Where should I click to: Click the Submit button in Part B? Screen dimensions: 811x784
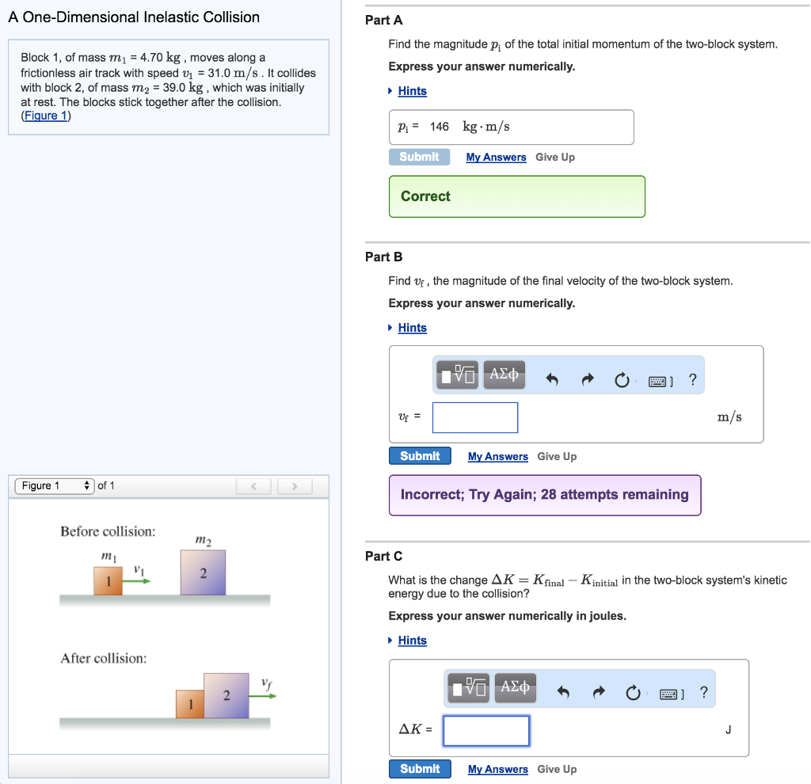tap(420, 455)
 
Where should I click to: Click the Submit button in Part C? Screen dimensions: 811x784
tap(420, 768)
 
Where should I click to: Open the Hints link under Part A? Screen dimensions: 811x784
tap(412, 91)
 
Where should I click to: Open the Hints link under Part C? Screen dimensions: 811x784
tap(412, 640)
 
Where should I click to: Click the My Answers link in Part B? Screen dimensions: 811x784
tap(497, 456)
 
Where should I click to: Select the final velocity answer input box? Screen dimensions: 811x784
tap(475, 417)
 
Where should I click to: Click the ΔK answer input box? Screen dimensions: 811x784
tap(486, 731)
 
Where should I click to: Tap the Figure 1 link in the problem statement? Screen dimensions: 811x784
tap(46, 116)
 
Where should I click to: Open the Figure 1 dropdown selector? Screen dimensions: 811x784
tap(55, 485)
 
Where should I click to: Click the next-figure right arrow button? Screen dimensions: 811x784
tap(295, 486)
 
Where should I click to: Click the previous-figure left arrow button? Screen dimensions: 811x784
tap(253, 486)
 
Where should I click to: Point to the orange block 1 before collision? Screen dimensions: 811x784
tap(108, 580)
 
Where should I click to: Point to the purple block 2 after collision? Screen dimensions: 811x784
tap(226, 695)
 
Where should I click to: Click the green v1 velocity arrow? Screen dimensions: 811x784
tap(136, 581)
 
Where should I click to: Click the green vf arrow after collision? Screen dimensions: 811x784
tap(263, 696)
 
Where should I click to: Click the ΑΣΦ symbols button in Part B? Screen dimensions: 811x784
tap(504, 375)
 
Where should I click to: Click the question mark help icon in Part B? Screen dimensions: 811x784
tap(692, 379)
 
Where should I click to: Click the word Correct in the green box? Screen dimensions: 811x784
tap(425, 196)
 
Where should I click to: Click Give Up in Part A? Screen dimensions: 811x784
tap(555, 158)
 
